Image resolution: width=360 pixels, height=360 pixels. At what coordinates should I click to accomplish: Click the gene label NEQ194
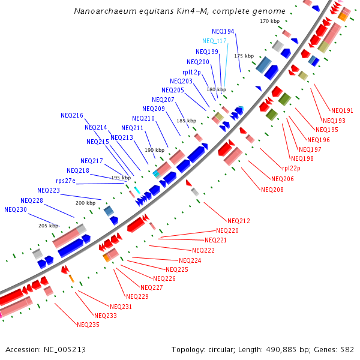(223, 31)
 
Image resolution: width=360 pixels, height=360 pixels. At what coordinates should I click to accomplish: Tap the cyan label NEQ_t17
(214, 41)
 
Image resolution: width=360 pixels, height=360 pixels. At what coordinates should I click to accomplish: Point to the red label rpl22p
(292, 169)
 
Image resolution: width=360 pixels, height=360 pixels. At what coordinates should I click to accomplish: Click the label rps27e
(65, 181)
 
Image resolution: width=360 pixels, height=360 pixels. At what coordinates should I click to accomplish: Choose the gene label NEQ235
(88, 325)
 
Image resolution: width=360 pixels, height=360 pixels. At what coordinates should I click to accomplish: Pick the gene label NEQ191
(342, 110)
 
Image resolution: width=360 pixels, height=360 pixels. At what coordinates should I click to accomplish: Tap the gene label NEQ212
(239, 221)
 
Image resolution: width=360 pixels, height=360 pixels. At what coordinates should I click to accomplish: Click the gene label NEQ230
(16, 210)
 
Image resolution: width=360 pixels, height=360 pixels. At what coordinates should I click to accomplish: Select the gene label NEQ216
(72, 115)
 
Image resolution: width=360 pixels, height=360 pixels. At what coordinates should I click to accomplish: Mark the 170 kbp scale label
(269, 21)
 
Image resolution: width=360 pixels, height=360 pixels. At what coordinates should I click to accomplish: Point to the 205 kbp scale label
(48, 226)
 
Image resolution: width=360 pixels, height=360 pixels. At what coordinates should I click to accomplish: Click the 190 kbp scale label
(154, 150)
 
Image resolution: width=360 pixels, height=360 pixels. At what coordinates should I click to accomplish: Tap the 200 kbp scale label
(85, 203)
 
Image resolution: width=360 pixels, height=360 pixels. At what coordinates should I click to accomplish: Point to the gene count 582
(347, 349)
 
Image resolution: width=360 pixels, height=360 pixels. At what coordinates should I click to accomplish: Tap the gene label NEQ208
(272, 190)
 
